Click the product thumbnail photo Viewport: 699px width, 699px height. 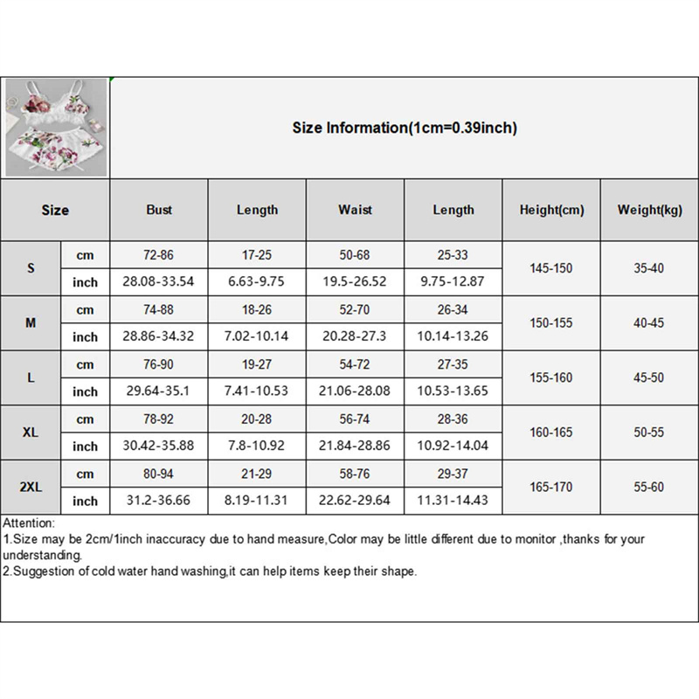pyautogui.click(x=57, y=128)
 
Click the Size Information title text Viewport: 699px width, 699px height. pyautogui.click(x=405, y=128)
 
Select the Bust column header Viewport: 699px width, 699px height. pyautogui.click(x=159, y=210)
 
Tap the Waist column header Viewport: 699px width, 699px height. pyautogui.click(x=356, y=210)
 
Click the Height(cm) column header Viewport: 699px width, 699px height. pyautogui.click(x=551, y=211)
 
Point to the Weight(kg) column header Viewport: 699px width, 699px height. pyautogui.click(x=649, y=211)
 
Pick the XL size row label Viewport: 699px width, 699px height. pyautogui.click(x=31, y=433)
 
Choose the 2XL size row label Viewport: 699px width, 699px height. pyautogui.click(x=31, y=488)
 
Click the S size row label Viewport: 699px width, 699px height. pyautogui.click(x=31, y=268)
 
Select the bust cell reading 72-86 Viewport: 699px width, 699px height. pyautogui.click(x=159, y=255)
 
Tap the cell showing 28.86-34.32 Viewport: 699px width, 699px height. pyautogui.click(x=159, y=336)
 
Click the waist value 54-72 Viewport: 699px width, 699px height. pyautogui.click(x=356, y=364)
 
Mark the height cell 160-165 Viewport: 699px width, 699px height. pyautogui.click(x=551, y=433)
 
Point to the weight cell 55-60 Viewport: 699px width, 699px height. pyautogui.click(x=649, y=488)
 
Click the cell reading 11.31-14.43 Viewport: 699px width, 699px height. pyautogui.click(x=453, y=501)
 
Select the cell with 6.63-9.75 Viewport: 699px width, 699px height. pyautogui.click(x=257, y=281)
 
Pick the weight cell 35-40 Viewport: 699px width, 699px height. pyautogui.click(x=649, y=268)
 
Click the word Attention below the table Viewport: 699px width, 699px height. pyautogui.click(x=29, y=522)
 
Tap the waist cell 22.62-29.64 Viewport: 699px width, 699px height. pyautogui.click(x=356, y=501)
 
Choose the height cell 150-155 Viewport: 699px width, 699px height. pyautogui.click(x=551, y=323)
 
